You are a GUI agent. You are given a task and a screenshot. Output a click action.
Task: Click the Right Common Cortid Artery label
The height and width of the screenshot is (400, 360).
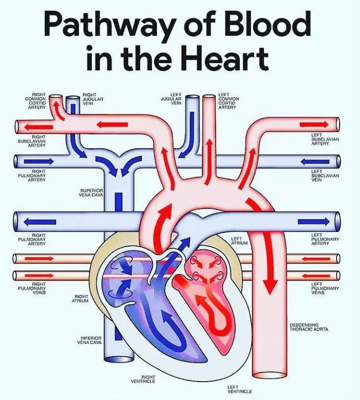[x=37, y=101]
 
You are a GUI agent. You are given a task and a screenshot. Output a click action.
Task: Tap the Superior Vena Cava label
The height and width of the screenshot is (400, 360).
[x=92, y=192]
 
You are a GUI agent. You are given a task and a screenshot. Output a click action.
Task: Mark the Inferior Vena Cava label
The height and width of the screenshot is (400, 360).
[x=92, y=340]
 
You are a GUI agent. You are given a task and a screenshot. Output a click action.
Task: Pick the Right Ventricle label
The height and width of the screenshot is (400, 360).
[x=143, y=379]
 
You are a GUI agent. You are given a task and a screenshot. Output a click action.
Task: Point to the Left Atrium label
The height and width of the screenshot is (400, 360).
[x=239, y=241]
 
